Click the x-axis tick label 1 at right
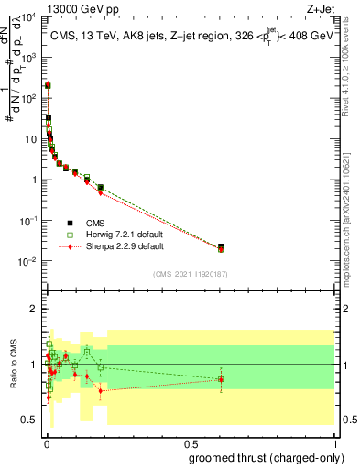click(334, 443)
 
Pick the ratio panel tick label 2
click(31, 310)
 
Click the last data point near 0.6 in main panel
click(221, 247)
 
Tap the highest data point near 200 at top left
click(48, 85)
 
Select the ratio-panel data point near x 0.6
click(221, 378)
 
